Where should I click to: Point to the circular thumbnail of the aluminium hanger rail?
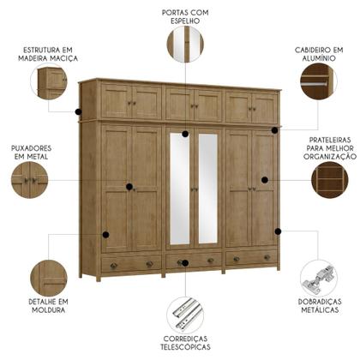tap(318, 84)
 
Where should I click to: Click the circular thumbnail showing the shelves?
tap(330, 182)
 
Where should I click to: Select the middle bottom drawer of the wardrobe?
tap(194, 261)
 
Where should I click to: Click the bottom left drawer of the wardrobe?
tap(131, 263)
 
